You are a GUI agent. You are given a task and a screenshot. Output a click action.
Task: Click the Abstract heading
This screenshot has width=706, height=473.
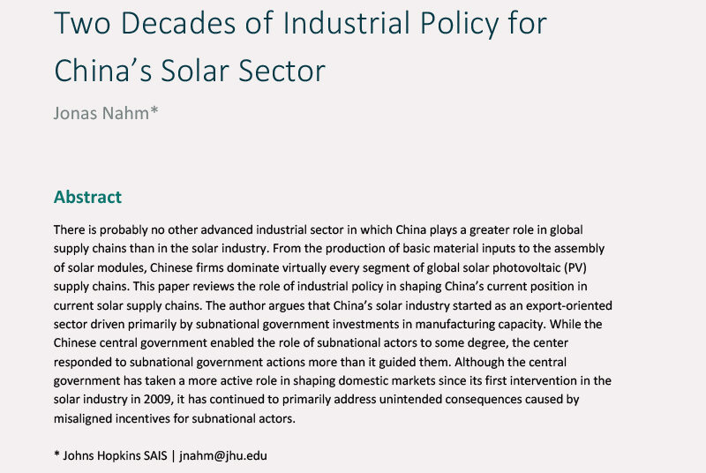(x=87, y=196)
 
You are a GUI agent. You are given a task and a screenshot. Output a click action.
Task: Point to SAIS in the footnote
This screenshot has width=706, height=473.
(x=159, y=455)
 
